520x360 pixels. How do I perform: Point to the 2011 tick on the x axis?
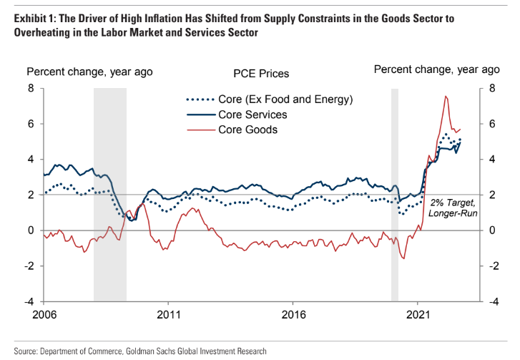[169, 313]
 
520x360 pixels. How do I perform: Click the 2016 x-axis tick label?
[293, 313]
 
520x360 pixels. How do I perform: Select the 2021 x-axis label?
[418, 313]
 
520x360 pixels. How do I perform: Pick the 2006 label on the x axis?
[44, 313]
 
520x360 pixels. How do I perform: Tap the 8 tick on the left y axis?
[31, 88]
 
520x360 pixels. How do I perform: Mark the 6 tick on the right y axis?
[493, 124]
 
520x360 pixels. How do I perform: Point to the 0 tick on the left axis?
[31, 230]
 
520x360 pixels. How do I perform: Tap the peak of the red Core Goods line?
[446, 97]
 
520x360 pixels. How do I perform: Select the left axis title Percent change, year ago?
[89, 71]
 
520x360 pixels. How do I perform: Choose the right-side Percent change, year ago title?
[436, 69]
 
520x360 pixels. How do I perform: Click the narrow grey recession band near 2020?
[394, 193]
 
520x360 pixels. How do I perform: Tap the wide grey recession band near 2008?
[110, 193]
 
